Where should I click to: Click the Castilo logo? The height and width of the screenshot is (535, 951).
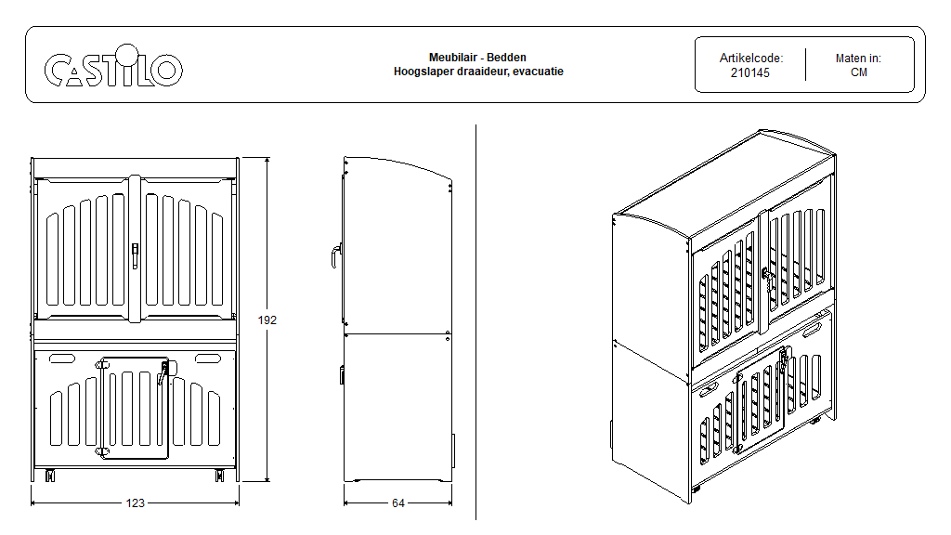click(x=113, y=70)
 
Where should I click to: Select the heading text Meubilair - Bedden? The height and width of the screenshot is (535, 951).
click(x=477, y=58)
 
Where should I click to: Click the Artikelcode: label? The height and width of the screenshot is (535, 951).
click(x=750, y=58)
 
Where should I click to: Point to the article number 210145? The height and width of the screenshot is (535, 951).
click(x=750, y=72)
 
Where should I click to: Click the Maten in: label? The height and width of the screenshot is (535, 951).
click(x=858, y=58)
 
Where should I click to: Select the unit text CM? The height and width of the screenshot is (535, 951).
click(x=858, y=72)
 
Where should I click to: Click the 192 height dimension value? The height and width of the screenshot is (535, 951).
click(x=267, y=320)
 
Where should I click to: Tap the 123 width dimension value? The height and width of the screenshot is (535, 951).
click(x=136, y=503)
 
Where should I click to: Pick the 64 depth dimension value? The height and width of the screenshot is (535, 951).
click(x=397, y=503)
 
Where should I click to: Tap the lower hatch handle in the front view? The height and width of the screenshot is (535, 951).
click(x=164, y=373)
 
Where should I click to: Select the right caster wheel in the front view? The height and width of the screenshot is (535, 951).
click(x=220, y=476)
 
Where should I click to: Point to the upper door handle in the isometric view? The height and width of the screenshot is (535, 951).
click(x=767, y=274)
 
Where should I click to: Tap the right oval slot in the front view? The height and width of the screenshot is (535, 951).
click(x=209, y=359)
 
